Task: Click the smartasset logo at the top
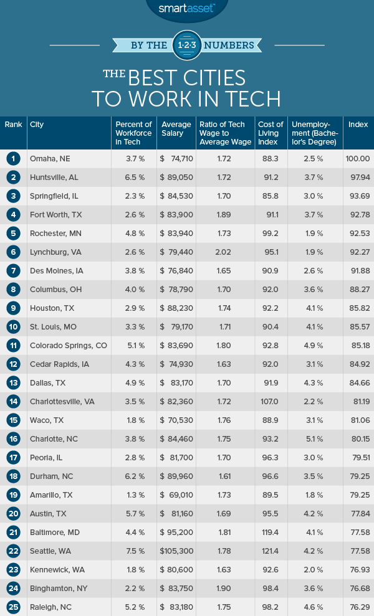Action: point(187,9)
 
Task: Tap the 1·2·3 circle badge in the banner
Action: point(187,45)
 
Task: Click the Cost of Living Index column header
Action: point(271,133)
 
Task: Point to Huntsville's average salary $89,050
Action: point(174,178)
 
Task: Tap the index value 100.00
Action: point(357,159)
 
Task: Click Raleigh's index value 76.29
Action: point(358,607)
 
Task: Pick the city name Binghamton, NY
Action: point(61,589)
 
